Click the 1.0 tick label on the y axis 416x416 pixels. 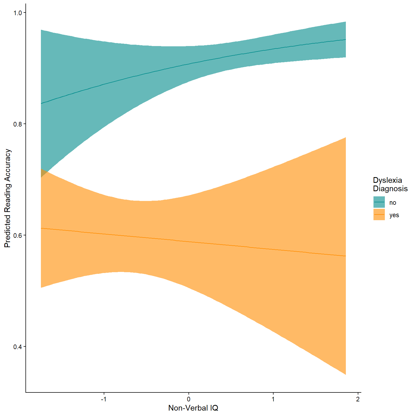[x=18, y=13]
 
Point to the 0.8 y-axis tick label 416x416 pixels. [x=18, y=124]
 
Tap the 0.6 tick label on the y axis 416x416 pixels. [x=18, y=235]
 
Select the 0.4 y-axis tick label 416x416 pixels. [x=18, y=347]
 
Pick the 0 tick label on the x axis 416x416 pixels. [x=188, y=399]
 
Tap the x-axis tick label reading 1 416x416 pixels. [x=273, y=399]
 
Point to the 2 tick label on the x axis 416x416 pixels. [x=358, y=399]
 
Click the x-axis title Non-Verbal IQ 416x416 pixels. [x=193, y=408]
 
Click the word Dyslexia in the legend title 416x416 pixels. [x=387, y=180]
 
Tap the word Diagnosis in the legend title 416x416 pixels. [x=390, y=188]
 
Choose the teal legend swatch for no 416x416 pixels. [x=379, y=202]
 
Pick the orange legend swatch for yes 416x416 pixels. [x=379, y=214]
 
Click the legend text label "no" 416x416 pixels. [x=393, y=203]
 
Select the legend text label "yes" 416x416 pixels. [x=394, y=215]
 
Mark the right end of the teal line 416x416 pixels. [x=346, y=40]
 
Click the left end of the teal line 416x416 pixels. [x=41, y=103]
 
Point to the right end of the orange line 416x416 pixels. [x=346, y=256]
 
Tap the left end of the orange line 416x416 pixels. [x=41, y=228]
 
